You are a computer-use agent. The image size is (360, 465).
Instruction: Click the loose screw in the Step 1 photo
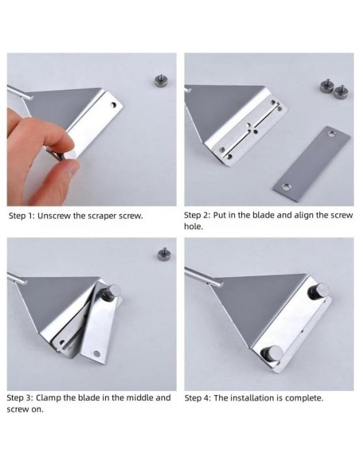161,81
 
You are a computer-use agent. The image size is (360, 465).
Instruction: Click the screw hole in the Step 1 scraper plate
114,104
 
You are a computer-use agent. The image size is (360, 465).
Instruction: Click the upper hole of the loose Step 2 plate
331,135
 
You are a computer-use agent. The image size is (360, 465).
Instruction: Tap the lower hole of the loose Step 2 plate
286,187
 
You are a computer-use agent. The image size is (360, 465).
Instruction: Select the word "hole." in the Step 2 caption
194,227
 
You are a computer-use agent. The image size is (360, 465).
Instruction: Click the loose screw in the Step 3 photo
164,254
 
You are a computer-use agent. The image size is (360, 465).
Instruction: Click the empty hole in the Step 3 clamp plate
96,354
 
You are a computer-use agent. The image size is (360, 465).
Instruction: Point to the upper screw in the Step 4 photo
319,291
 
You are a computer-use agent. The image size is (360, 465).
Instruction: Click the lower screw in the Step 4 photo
272,354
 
